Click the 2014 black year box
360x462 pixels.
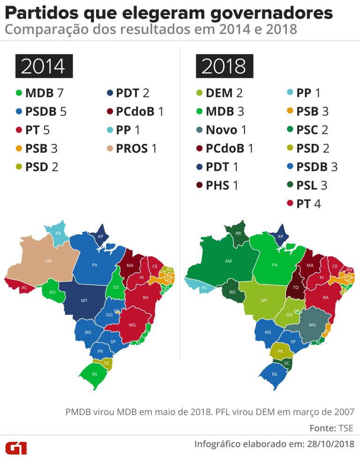coord(43,67)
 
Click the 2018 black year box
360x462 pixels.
coord(224,67)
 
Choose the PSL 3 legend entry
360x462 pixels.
coord(310,185)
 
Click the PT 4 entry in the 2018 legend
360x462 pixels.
coord(306,204)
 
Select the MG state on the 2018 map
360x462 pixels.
coord(312,324)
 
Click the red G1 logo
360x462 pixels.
coord(16,447)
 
